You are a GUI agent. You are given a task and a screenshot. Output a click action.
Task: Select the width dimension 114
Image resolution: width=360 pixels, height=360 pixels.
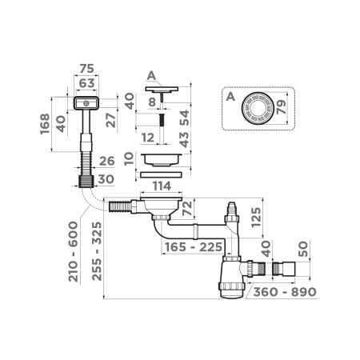pyautogui.click(x=162, y=186)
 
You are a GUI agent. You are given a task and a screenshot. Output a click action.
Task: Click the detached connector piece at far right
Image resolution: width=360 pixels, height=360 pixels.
pyautogui.click(x=283, y=266)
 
